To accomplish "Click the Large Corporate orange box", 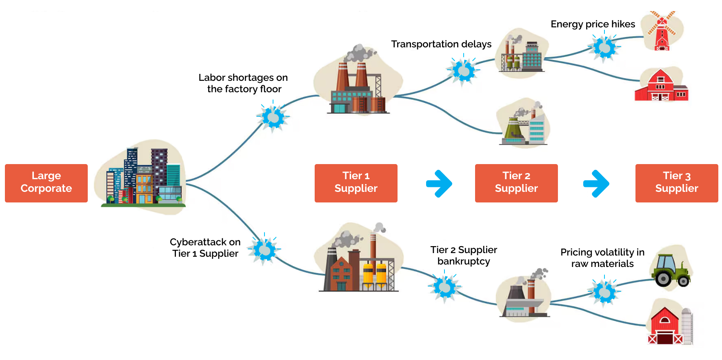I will [x=46, y=183].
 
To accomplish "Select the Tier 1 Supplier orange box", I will [x=355, y=183].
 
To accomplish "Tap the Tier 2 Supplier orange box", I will [x=516, y=183].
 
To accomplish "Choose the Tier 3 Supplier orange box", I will [x=676, y=183].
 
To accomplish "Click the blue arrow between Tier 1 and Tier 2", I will [x=439, y=184].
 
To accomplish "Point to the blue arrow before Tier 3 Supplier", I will [x=596, y=184].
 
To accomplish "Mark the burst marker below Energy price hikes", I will [x=604, y=48].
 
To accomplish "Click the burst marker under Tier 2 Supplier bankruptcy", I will [x=444, y=287].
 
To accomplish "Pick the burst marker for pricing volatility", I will [x=604, y=292].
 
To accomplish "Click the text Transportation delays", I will [x=441, y=44].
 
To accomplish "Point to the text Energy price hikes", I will [x=593, y=24].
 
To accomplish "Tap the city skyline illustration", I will [x=143, y=178].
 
